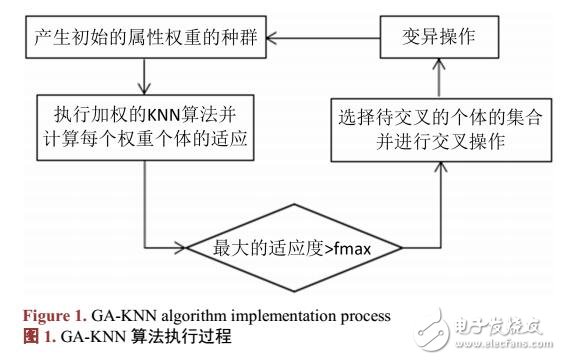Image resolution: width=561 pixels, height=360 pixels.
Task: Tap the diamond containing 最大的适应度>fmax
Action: (291, 245)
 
